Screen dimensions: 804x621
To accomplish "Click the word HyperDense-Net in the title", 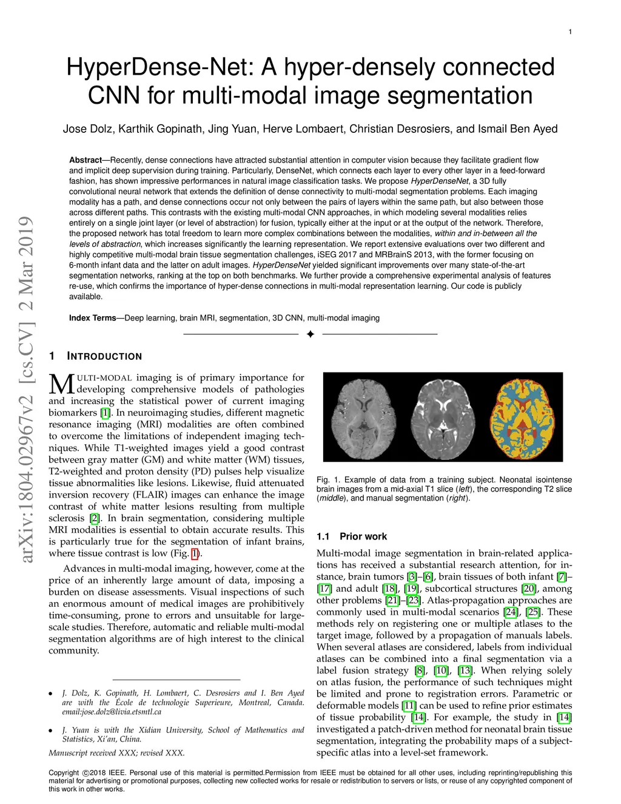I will (x=159, y=67).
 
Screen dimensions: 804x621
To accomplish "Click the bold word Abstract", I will (x=86, y=160).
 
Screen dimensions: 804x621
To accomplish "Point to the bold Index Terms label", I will (x=92, y=318).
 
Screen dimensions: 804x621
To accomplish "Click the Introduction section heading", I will (x=104, y=356).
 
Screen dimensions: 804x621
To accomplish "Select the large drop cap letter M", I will (x=61, y=384).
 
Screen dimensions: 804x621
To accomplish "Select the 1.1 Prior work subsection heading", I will (x=352, y=536).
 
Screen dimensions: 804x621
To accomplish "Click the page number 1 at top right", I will (x=570, y=32).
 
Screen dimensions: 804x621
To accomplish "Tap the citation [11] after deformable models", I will (x=409, y=706).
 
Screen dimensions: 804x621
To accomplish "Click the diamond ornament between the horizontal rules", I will (x=310, y=334).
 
